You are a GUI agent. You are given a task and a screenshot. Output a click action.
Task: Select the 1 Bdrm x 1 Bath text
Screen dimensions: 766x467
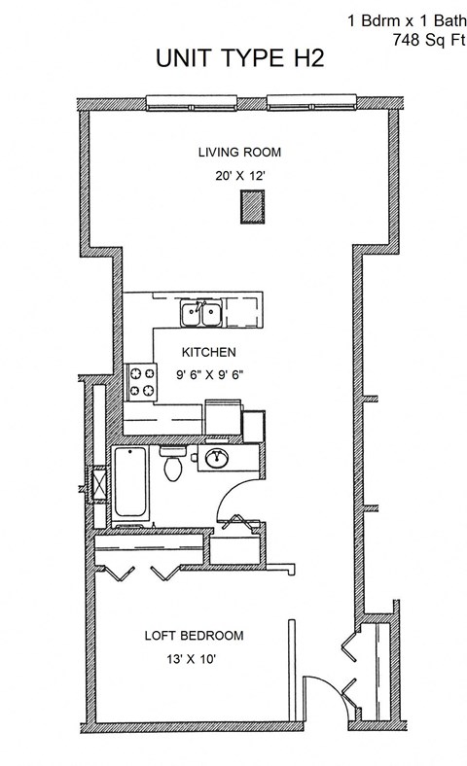coord(406,18)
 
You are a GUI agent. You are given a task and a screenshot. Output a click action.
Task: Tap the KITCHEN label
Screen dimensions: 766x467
coord(209,352)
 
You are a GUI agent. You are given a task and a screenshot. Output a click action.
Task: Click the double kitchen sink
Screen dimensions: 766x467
coord(201,314)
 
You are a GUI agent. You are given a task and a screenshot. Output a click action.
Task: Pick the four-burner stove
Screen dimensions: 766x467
coord(142,381)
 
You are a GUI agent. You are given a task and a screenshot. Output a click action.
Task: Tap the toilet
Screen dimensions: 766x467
coord(172,467)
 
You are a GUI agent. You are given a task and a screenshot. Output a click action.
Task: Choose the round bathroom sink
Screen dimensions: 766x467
coord(215,458)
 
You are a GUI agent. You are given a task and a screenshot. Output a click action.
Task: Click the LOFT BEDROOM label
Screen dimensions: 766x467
coord(194,637)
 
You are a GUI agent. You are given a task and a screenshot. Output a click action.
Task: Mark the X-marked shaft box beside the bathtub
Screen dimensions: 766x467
coord(98,483)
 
